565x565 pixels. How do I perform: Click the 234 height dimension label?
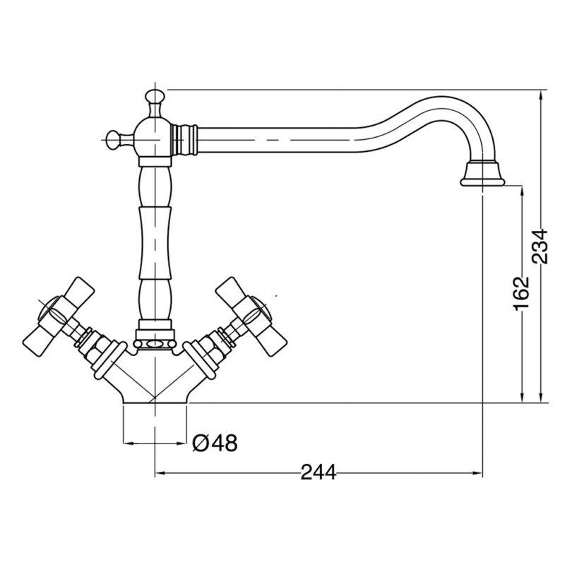[x=540, y=246]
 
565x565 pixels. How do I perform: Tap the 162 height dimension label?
[x=521, y=293]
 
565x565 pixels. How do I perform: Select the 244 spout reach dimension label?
[x=319, y=472]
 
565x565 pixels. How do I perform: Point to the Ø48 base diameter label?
[x=215, y=443]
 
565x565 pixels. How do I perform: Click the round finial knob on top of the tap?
[x=155, y=97]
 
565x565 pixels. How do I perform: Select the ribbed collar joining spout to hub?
[x=184, y=139]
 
